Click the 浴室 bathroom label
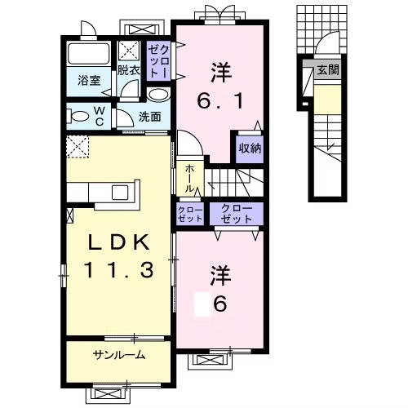89,81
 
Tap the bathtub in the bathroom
89,54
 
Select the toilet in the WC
78,117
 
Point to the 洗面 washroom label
150,117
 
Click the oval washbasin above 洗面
159,95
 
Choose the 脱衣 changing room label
129,70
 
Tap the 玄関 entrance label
329,70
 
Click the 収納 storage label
250,149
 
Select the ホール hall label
190,179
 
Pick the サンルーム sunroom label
118,355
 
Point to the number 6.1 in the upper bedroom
220,101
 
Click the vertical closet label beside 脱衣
158,61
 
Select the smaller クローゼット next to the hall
190,214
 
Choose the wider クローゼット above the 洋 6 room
237,214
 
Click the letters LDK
119,242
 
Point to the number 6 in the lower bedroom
220,304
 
